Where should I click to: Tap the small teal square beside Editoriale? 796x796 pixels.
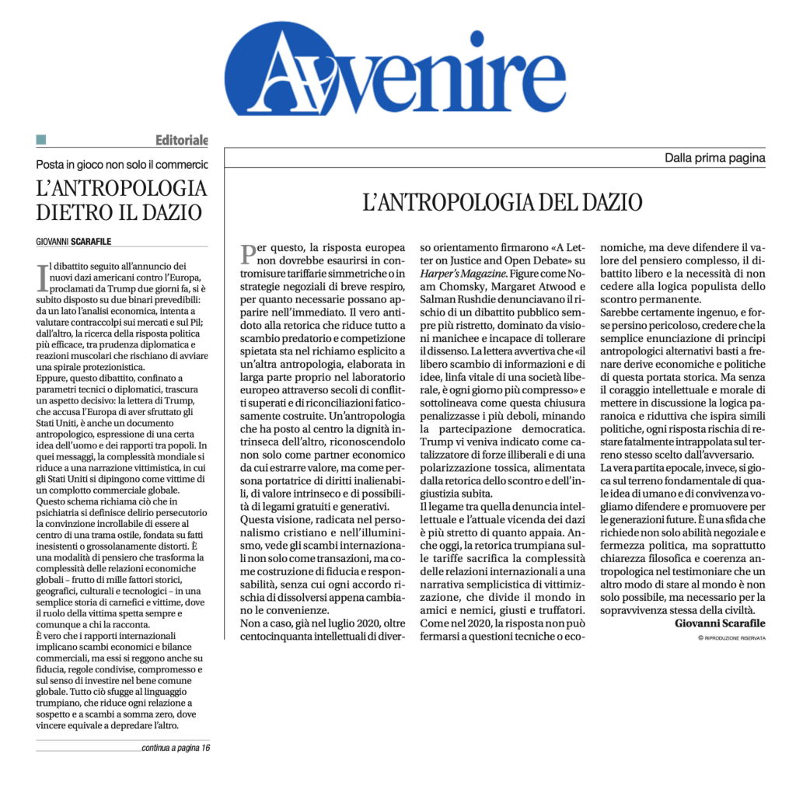tap(41, 140)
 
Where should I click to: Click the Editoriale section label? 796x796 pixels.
tap(181, 141)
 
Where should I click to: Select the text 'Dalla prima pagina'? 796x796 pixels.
tap(714, 159)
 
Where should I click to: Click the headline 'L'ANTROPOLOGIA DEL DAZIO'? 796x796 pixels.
tap(502, 204)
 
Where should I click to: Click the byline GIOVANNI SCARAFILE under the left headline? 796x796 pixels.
tap(79, 242)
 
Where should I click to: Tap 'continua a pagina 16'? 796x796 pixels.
tap(176, 748)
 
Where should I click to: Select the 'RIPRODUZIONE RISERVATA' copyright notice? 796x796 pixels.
tap(731, 637)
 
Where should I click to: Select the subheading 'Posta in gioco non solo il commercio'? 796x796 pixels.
tap(122, 165)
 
